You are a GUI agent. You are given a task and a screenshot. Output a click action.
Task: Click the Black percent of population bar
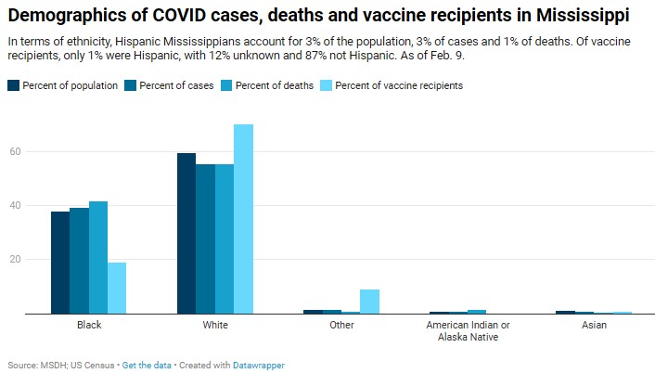point(60,263)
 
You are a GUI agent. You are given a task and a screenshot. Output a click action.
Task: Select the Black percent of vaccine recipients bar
point(117,288)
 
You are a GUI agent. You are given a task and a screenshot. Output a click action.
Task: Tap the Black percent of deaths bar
point(98,257)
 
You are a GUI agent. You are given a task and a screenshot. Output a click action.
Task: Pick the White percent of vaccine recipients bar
point(243,219)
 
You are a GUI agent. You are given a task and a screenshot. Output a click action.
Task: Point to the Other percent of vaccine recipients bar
point(370,302)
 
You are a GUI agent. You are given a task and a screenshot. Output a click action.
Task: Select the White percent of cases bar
point(205,238)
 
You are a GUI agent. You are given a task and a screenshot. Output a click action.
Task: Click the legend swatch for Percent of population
point(14,85)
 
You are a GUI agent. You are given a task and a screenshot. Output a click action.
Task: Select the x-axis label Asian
point(595,326)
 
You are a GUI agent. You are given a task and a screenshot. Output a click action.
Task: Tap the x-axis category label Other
point(341,326)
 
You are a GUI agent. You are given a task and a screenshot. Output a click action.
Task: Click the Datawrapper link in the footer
point(260,366)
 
